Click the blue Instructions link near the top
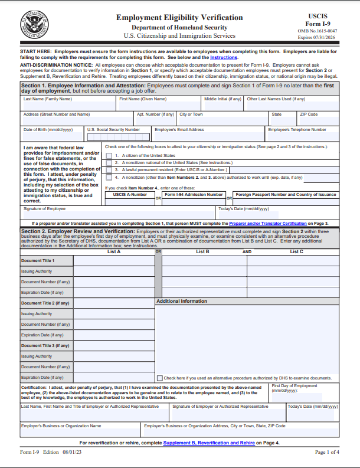pos(224,58)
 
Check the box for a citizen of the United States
pos(109,156)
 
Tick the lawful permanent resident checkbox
pos(109,170)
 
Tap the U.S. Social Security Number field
pos(118,136)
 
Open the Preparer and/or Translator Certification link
pos(268,224)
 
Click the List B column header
pos(202,251)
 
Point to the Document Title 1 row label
pos(38,260)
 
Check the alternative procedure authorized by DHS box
pos(160,378)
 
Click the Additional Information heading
pos(182,301)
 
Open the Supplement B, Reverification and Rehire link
pos(209,443)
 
